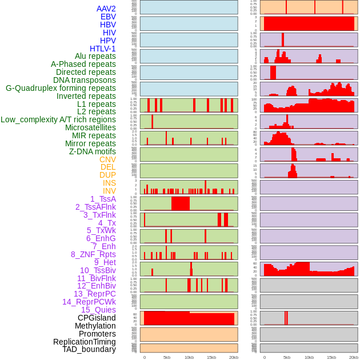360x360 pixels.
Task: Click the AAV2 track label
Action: click(x=106, y=9)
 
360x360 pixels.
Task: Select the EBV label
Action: click(x=108, y=17)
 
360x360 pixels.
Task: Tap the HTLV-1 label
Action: click(x=102, y=49)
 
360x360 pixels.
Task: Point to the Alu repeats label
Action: click(x=95, y=56)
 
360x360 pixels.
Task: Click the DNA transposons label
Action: click(x=85, y=80)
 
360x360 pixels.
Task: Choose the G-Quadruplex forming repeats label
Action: click(x=61, y=88)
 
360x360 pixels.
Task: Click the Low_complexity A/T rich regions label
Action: click(x=58, y=119)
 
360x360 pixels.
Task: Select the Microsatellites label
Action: click(x=90, y=127)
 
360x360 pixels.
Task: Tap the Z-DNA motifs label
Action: click(x=92, y=151)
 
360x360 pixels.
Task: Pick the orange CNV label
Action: click(x=107, y=159)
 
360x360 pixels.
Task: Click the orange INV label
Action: click(x=109, y=191)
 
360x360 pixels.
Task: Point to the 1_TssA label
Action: click(x=103, y=199)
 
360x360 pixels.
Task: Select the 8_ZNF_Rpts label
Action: click(x=93, y=254)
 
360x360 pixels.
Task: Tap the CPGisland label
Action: click(x=97, y=318)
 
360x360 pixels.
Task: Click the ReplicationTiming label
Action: click(x=84, y=342)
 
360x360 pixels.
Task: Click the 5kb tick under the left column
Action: click(x=167, y=357)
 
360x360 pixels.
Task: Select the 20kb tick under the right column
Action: click(x=354, y=357)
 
